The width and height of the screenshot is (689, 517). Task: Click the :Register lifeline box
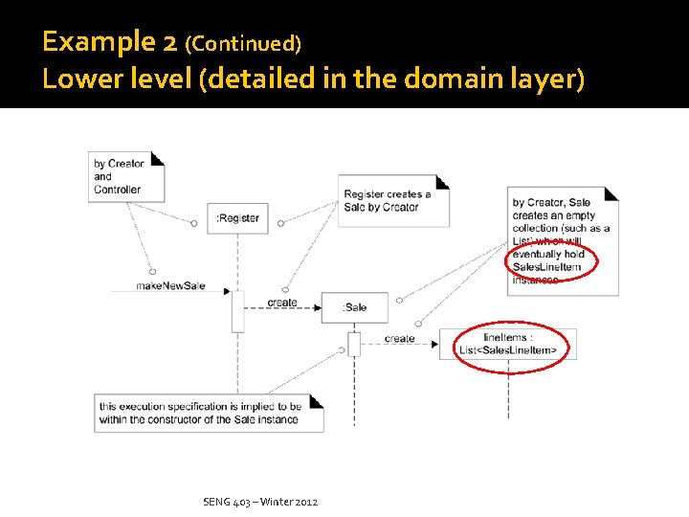(237, 218)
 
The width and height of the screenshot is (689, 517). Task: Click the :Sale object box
(354, 307)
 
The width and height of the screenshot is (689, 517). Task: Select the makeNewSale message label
(170, 286)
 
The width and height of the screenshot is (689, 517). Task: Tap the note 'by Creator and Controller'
(125, 177)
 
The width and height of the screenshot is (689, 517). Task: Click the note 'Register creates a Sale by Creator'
(392, 201)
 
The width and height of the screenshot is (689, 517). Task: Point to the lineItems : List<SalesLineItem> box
(508, 344)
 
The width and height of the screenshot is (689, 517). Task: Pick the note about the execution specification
(208, 413)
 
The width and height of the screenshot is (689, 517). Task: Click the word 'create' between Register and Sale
(282, 303)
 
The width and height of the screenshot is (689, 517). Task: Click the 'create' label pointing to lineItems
(399, 338)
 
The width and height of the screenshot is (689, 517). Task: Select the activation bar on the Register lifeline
(237, 310)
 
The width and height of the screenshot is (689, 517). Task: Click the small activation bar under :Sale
(353, 343)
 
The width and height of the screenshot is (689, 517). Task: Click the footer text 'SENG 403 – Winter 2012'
(260, 502)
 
